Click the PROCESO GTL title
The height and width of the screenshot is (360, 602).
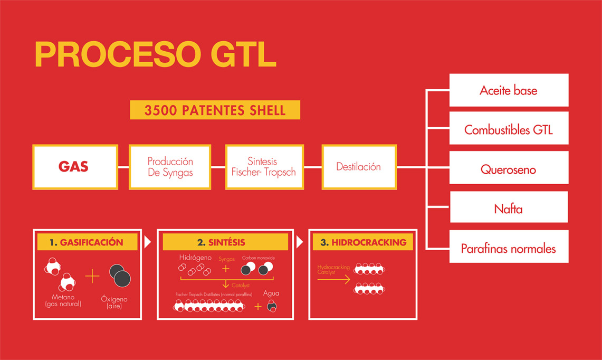156,54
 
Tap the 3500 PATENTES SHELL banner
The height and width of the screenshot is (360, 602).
215,110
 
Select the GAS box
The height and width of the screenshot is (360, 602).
75,167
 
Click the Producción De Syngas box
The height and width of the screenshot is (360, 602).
170,167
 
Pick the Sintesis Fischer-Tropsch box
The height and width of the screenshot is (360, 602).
264,167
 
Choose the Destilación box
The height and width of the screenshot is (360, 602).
359,167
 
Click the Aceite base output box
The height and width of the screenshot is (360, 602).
509,90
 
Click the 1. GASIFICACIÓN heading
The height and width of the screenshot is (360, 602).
87,242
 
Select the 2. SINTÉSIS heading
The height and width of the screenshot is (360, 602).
225,242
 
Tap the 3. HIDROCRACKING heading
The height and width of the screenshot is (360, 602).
363,242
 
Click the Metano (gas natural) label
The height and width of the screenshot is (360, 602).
63,300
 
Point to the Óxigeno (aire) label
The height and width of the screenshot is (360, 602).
114,302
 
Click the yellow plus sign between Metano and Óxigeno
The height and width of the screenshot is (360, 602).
92,276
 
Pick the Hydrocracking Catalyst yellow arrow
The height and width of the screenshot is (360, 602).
334,279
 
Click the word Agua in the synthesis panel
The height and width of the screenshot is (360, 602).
271,293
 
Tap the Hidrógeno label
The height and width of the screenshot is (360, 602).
195,258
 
